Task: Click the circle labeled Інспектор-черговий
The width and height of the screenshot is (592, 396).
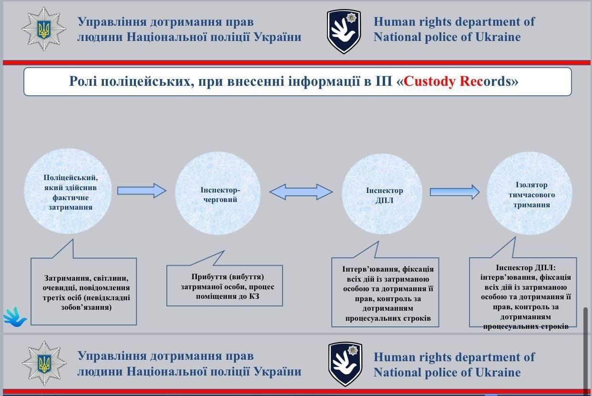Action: click(218, 193)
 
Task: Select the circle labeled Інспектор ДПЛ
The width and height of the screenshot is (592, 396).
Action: click(382, 194)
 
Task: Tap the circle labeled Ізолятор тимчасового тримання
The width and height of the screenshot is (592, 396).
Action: click(530, 193)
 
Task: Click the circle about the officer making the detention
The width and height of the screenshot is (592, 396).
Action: click(68, 191)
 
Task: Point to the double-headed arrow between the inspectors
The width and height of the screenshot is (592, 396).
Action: click(301, 192)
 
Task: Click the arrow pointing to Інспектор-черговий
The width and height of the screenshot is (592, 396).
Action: click(142, 191)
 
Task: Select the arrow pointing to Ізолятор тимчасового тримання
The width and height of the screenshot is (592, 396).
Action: click(455, 192)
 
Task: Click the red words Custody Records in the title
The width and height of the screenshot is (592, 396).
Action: click(457, 81)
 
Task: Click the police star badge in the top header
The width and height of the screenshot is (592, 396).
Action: click(44, 29)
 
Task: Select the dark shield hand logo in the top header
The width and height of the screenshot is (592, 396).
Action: click(344, 31)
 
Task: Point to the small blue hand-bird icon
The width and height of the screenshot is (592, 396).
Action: click(15, 317)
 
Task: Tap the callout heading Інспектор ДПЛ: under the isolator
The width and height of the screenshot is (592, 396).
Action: click(526, 268)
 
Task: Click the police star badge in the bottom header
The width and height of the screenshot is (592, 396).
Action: click(44, 363)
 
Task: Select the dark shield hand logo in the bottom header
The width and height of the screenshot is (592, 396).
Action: click(345, 364)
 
